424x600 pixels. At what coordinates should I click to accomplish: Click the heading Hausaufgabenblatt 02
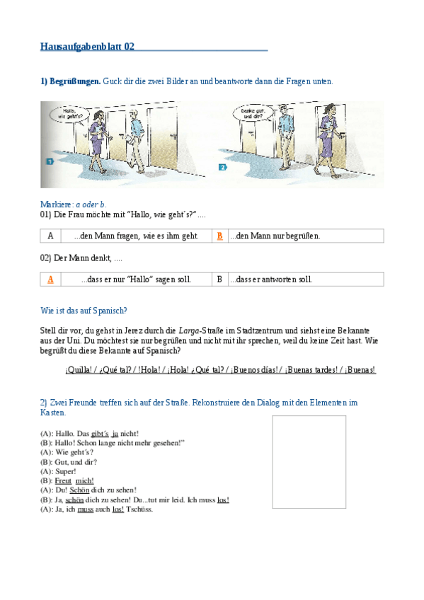coord(88,47)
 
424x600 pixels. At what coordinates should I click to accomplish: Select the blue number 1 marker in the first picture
coord(50,162)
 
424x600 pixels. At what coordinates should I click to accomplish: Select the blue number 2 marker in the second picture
coord(222,168)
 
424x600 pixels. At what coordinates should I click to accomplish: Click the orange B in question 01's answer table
coord(219,236)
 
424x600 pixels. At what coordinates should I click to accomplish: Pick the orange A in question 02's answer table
coord(50,279)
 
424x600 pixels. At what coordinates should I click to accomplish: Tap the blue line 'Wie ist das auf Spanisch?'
coord(84,310)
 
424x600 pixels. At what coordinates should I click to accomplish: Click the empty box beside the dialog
coord(309,461)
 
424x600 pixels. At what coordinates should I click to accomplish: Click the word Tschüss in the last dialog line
coord(139,509)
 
